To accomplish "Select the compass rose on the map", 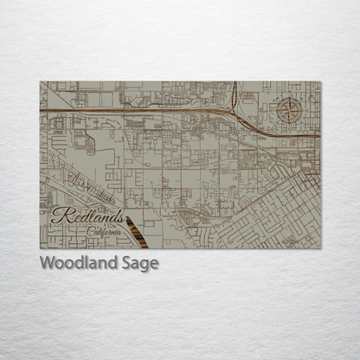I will (290, 111).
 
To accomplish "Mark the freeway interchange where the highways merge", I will (235, 112).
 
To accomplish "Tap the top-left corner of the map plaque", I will (40, 82).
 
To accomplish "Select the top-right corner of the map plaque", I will (321, 82).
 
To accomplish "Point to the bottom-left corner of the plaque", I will (40, 248).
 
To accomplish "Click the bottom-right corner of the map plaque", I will (321, 248).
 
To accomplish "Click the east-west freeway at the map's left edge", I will (42, 111).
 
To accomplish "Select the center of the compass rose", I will (290, 111).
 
